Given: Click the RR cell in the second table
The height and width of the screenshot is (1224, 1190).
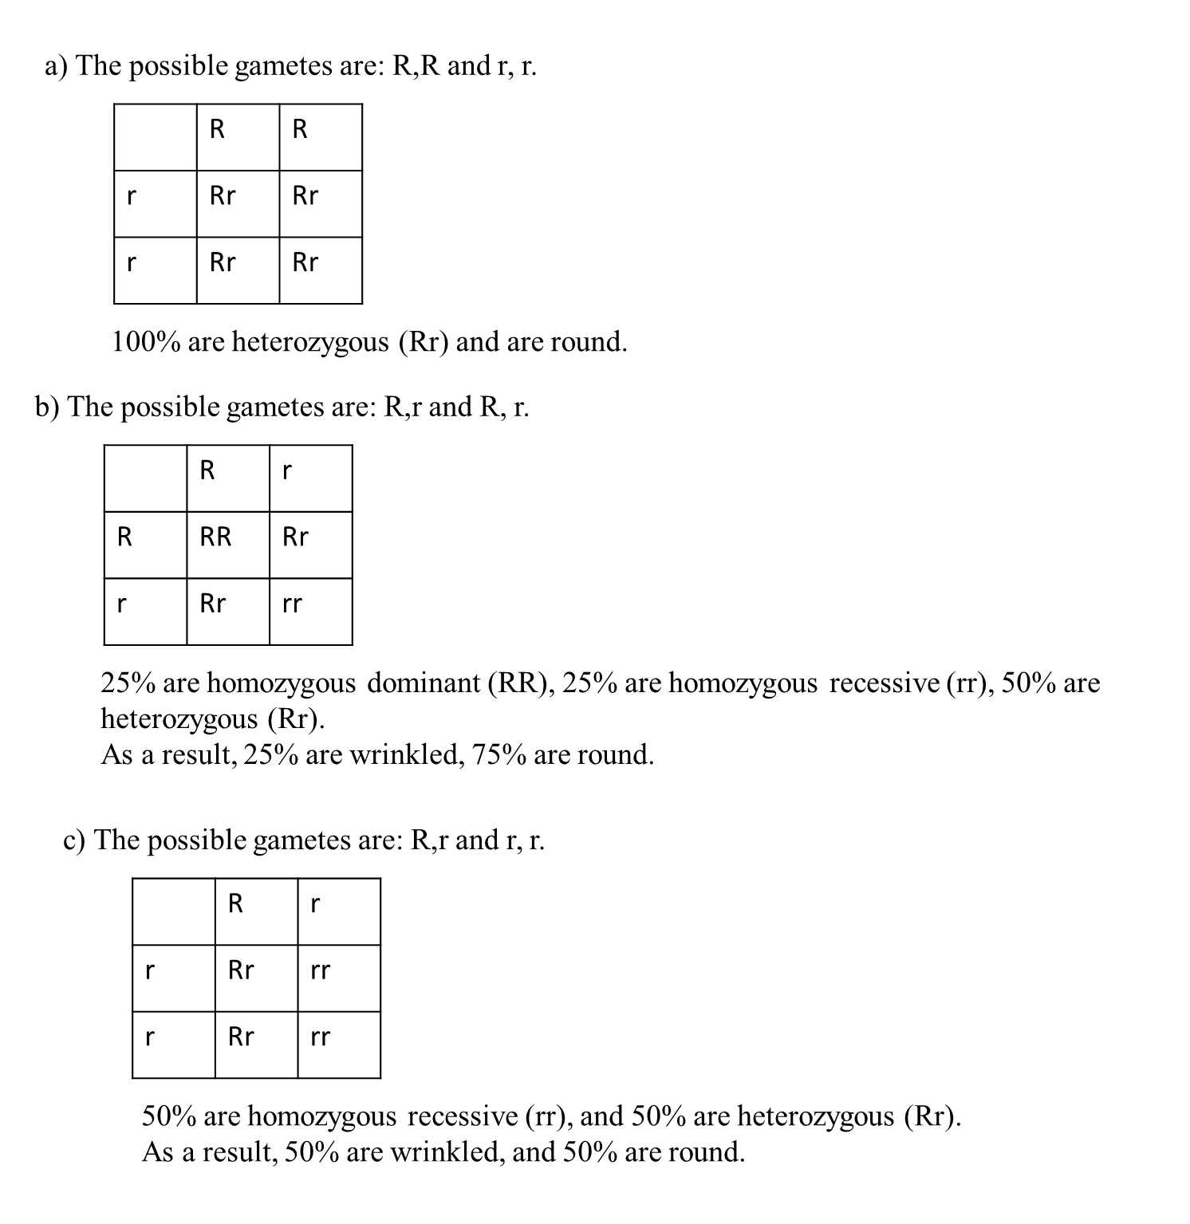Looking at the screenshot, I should (x=215, y=537).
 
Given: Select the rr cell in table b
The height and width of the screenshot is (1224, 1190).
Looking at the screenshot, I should (x=292, y=604).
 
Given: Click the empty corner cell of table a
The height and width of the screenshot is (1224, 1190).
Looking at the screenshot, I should (x=156, y=137).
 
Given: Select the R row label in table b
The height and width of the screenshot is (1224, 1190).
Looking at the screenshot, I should (x=124, y=537).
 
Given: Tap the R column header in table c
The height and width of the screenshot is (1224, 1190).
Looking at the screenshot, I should (x=235, y=903).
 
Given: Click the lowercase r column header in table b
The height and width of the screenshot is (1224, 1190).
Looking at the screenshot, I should (x=287, y=470).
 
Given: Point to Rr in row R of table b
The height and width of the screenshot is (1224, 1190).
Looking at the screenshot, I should (x=295, y=537).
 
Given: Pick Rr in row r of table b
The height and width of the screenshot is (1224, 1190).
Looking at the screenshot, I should (x=213, y=604).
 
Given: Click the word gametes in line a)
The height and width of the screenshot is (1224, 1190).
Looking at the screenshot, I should (x=282, y=65).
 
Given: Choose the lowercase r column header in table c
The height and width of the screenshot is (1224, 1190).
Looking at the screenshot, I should (x=315, y=903).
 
